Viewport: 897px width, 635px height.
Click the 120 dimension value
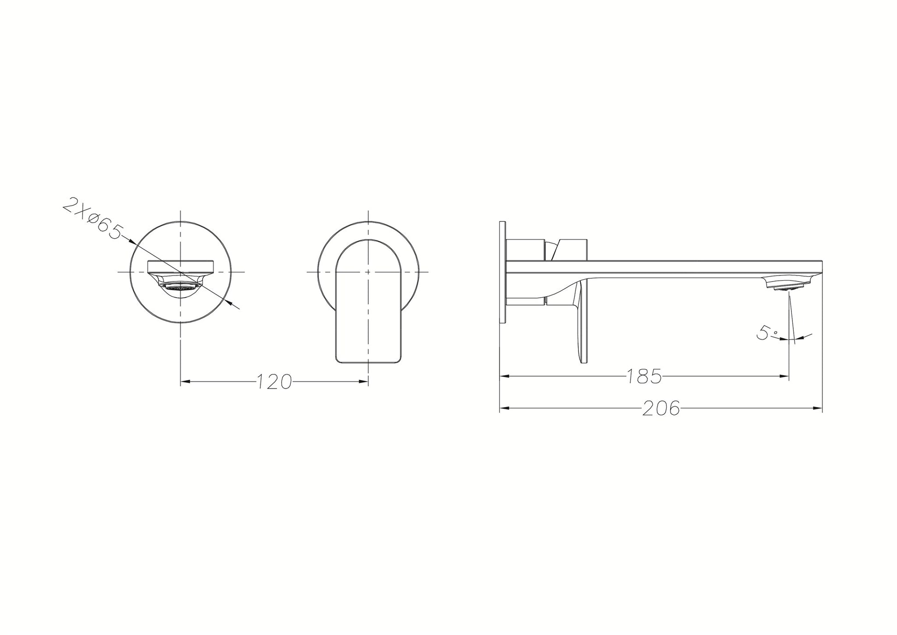[274, 382]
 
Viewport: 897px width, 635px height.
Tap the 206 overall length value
[661, 408]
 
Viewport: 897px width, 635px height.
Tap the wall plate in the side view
[502, 272]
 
